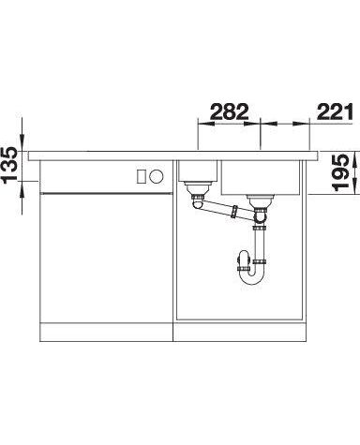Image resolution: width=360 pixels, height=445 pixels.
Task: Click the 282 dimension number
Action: (x=230, y=111)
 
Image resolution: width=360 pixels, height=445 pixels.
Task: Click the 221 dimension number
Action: (x=335, y=111)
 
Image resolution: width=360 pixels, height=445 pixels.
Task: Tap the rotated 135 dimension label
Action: (x=10, y=165)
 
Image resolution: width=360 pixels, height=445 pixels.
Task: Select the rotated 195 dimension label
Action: (x=340, y=172)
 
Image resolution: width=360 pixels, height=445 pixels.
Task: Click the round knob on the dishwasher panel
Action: (x=156, y=177)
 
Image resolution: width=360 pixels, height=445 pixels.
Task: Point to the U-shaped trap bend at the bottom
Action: (x=251, y=275)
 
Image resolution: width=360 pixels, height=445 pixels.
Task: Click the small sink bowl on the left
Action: (x=197, y=171)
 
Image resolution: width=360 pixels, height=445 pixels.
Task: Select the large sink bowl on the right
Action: (x=261, y=177)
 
